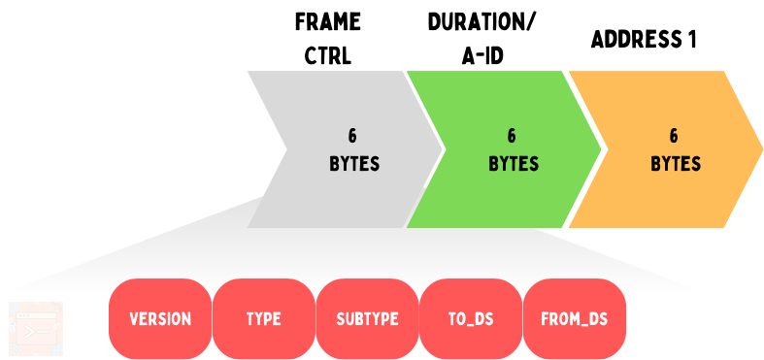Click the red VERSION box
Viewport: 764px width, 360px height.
[160, 318]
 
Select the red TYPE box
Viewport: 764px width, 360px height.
[263, 318]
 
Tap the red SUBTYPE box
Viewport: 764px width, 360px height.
[367, 318]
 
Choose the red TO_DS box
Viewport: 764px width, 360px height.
[470, 318]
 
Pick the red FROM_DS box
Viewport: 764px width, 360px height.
[574, 318]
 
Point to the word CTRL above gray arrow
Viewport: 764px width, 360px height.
[327, 55]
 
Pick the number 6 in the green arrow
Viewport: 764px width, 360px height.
[512, 136]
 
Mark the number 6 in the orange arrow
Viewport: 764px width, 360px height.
[675, 136]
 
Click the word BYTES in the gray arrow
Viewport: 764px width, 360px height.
[354, 164]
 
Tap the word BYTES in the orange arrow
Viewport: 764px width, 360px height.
[676, 164]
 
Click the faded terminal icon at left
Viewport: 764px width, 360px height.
[36, 327]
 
